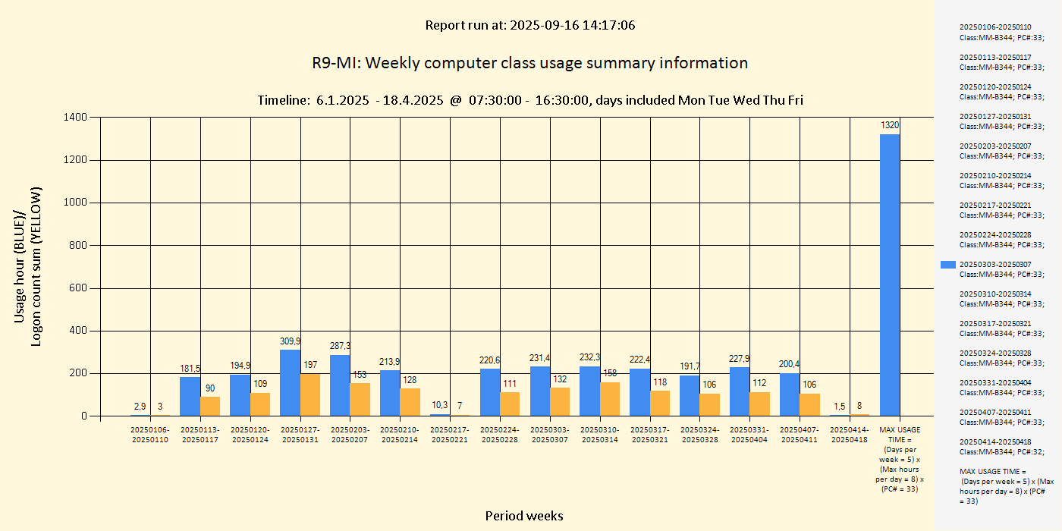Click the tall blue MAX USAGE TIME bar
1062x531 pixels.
pos(890,275)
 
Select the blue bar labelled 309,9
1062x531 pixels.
pos(290,382)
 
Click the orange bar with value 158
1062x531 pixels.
pos(610,399)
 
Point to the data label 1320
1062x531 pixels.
pos(890,124)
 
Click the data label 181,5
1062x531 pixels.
pos(190,369)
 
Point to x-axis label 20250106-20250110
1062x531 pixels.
pos(149,435)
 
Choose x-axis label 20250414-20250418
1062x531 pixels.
pos(850,435)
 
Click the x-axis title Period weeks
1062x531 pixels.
pos(524,516)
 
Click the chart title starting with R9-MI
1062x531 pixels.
pos(529,63)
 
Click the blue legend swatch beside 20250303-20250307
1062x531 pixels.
pos(947,265)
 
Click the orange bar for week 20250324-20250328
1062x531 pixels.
pos(710,404)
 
